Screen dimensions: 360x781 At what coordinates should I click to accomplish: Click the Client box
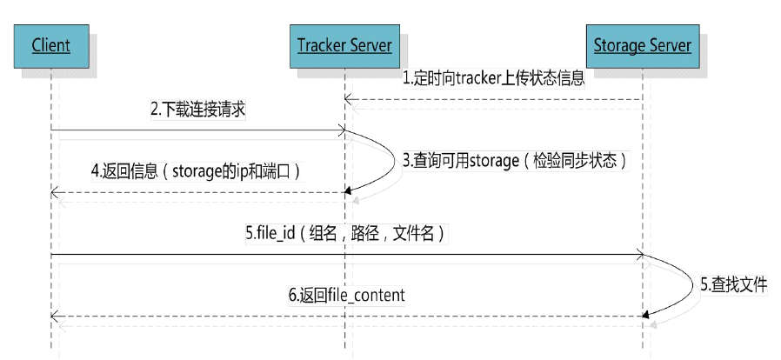(50, 44)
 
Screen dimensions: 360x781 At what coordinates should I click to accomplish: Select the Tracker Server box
(344, 44)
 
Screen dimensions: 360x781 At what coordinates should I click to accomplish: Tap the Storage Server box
(642, 44)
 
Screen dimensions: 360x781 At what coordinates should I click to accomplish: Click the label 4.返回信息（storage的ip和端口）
(196, 171)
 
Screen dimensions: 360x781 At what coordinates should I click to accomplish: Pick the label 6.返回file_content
(347, 295)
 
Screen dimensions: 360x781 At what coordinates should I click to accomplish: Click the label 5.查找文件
(734, 283)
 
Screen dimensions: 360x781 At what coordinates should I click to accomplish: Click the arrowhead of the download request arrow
(343, 131)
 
